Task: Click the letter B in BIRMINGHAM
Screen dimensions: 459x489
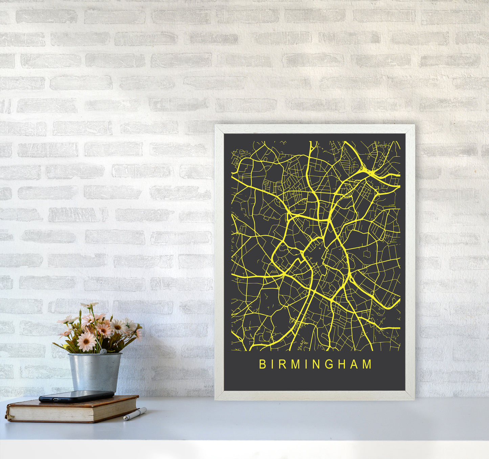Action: click(x=262, y=364)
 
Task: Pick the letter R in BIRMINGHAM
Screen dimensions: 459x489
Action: click(x=282, y=364)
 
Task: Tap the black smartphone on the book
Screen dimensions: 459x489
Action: click(x=76, y=396)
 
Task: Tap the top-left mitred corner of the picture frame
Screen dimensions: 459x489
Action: click(x=217, y=127)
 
